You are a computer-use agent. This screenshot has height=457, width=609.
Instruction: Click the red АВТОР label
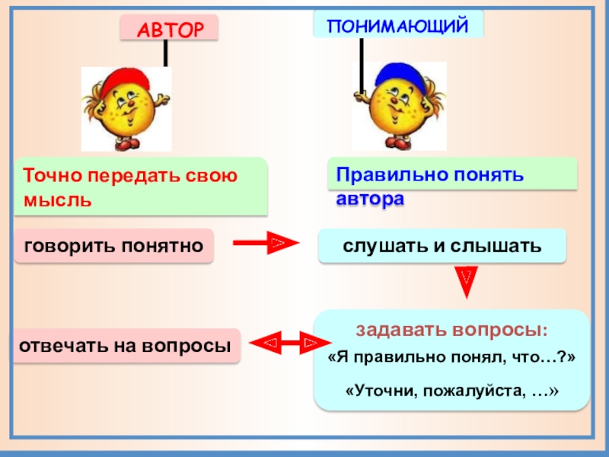[x=168, y=29]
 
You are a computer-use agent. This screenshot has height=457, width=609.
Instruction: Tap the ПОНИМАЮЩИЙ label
[x=397, y=25]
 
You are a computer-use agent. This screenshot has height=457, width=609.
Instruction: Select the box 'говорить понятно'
[x=113, y=245]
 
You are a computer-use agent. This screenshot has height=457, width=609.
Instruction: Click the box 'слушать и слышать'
[x=442, y=246]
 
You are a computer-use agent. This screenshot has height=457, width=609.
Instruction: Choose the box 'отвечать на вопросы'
[x=125, y=345]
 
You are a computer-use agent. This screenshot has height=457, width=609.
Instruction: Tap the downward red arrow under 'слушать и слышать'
[x=467, y=281]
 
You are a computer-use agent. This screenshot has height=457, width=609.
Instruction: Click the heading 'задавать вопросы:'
[x=451, y=331]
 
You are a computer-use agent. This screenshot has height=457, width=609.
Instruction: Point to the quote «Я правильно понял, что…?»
[x=451, y=358]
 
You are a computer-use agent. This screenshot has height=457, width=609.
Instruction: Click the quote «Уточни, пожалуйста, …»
[x=452, y=390]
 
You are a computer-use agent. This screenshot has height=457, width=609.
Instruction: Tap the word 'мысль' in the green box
[x=58, y=200]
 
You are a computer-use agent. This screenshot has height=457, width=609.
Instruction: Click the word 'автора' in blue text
[x=371, y=200]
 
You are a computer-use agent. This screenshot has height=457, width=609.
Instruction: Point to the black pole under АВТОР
[x=164, y=53]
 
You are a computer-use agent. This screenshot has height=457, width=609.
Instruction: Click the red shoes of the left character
[x=125, y=143]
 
